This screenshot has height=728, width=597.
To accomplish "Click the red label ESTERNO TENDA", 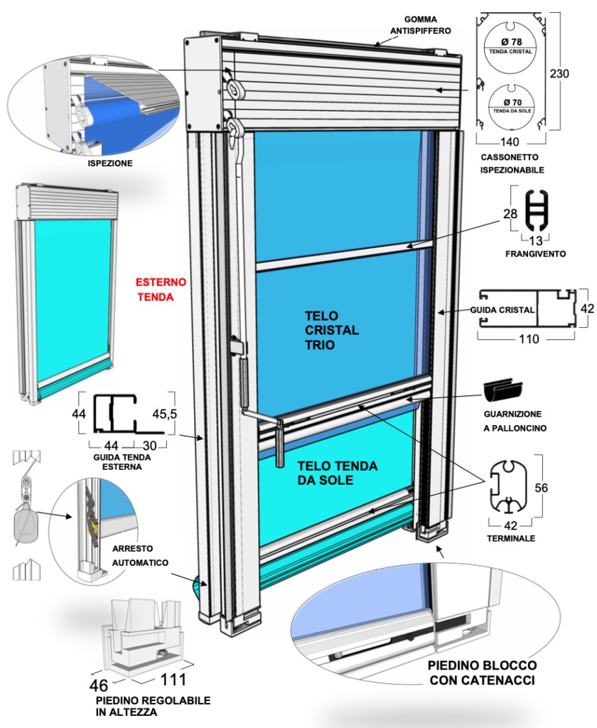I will pos(161,289).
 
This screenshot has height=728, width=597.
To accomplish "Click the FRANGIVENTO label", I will pos(529,253).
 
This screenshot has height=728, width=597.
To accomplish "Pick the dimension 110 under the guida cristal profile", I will pos(528,339).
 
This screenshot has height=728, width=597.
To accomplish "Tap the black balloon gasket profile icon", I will pos(505,390).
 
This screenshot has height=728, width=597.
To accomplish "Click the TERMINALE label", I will pos(512,538).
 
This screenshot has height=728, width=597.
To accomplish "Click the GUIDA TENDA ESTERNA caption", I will pos(122,462).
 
